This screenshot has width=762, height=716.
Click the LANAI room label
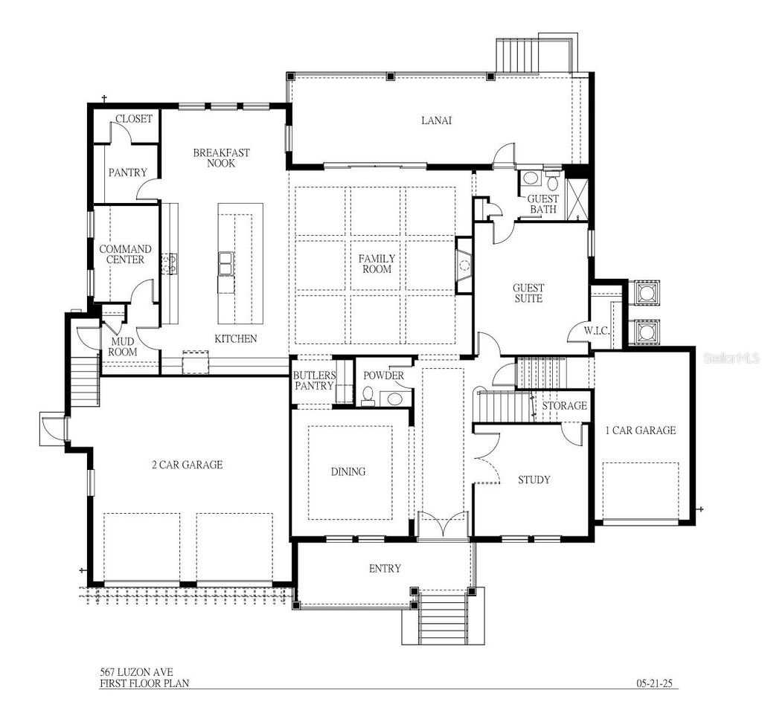pos(437,120)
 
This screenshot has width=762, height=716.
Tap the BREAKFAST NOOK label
pos(221,158)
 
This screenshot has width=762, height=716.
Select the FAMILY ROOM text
pos(377,264)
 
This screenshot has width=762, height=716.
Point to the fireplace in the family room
pos(464,265)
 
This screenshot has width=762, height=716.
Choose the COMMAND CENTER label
pos(125,254)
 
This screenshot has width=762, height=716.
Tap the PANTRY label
pos(127,172)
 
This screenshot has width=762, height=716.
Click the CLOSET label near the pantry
pos(134,119)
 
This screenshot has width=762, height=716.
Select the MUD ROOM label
pos(122,346)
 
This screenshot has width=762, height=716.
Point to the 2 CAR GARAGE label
pos(187,465)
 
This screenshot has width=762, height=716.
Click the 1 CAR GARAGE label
pos(640,430)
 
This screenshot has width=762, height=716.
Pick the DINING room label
pos(348,471)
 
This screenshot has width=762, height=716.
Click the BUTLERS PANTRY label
pos(314,381)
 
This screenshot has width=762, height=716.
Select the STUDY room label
pos(534,480)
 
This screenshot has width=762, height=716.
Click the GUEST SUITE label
pos(528,293)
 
